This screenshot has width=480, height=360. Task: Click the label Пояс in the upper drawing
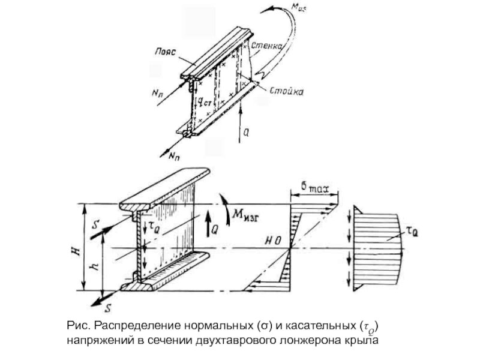[164, 52]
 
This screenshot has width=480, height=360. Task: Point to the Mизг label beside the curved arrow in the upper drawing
[316, 8]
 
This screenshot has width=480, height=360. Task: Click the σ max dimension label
[314, 187]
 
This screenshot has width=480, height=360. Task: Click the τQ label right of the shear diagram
[412, 229]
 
